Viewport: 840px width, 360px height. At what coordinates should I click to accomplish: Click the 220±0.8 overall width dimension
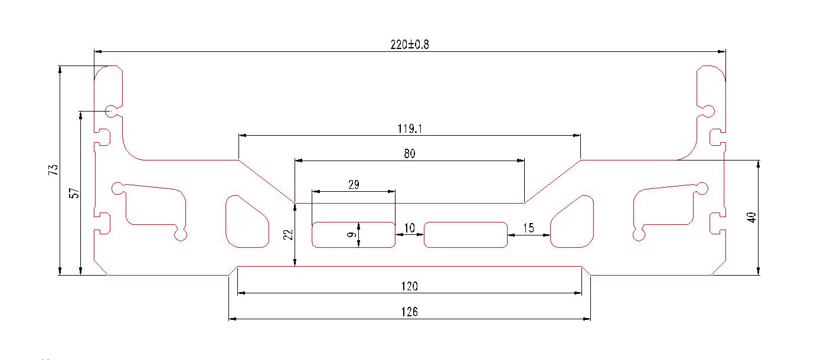click(x=409, y=45)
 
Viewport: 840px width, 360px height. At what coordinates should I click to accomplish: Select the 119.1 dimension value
click(x=409, y=128)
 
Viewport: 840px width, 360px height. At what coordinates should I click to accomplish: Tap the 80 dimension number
click(x=410, y=153)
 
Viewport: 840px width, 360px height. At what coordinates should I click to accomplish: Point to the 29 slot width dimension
click(x=354, y=185)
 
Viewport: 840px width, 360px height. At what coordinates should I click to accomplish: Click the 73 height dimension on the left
click(x=54, y=170)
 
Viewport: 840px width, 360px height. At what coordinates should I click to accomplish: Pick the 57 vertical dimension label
click(x=74, y=193)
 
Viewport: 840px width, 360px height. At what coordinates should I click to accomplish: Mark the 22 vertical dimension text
click(x=288, y=235)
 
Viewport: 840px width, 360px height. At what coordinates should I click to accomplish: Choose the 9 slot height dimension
click(x=351, y=235)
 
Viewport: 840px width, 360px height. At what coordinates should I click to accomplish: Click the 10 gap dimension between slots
click(x=410, y=228)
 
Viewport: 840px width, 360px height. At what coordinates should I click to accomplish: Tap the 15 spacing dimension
click(x=528, y=228)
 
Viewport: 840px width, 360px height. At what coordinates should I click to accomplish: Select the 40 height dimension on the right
click(x=751, y=217)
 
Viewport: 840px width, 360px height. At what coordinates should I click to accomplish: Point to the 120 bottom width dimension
click(x=409, y=286)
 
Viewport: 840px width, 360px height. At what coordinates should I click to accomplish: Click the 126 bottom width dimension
click(x=409, y=312)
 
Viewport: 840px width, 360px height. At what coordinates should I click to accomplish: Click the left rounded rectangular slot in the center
click(x=353, y=235)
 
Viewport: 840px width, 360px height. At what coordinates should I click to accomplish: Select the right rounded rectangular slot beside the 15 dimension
click(x=466, y=235)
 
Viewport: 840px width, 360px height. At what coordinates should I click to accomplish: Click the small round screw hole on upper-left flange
click(x=110, y=110)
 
